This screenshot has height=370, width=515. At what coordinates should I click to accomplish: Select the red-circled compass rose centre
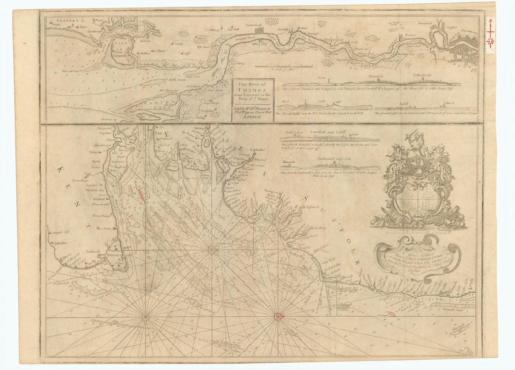[278, 316]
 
